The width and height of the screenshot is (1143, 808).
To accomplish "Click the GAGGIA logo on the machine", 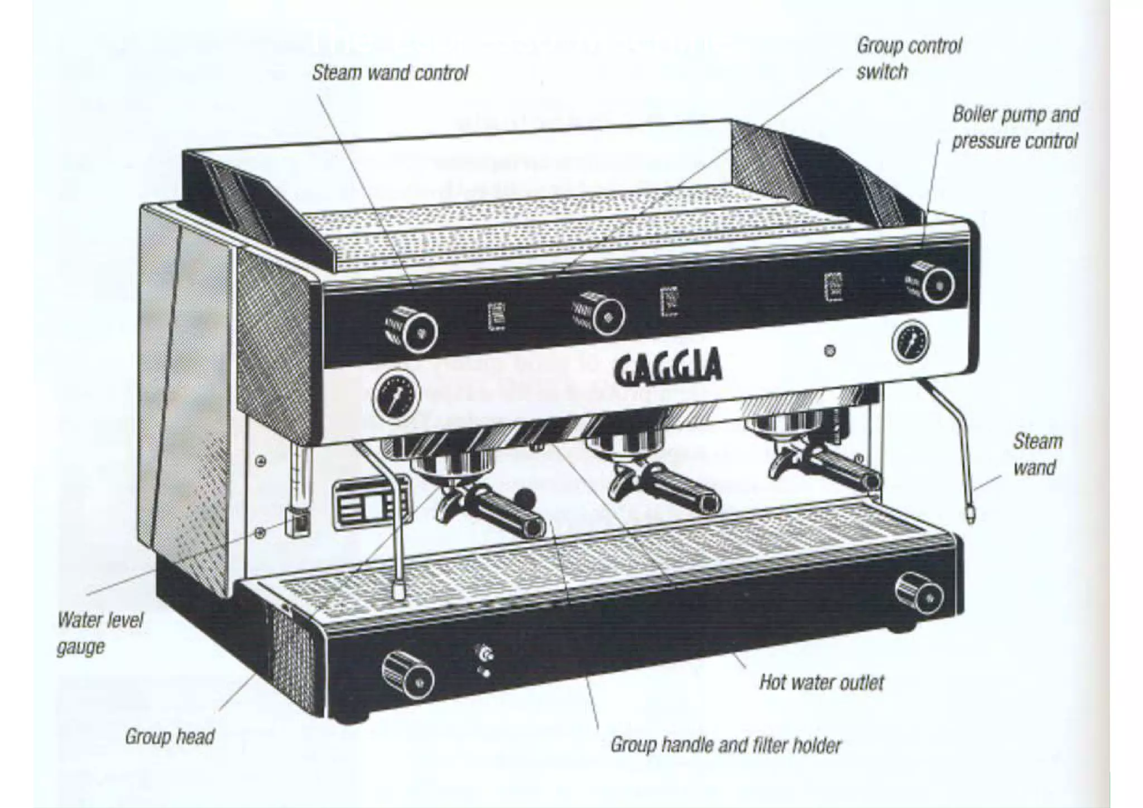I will coord(668,366).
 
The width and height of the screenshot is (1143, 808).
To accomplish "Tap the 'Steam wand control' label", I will coord(390,73).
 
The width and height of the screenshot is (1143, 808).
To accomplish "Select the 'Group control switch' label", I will coord(909,58).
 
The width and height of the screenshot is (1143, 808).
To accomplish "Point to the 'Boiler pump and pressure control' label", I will coord(1015,128).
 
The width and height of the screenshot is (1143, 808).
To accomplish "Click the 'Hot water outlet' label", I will coord(822,682).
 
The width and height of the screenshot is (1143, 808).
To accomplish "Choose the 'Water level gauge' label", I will coord(99,633).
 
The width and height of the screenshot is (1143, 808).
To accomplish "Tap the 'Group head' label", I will coord(170,737).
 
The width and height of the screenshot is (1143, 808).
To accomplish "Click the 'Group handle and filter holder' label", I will coord(725,745).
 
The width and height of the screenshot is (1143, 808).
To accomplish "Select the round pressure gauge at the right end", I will coord(911,343).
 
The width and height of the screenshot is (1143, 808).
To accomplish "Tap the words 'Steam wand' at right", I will coord(1037,454).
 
